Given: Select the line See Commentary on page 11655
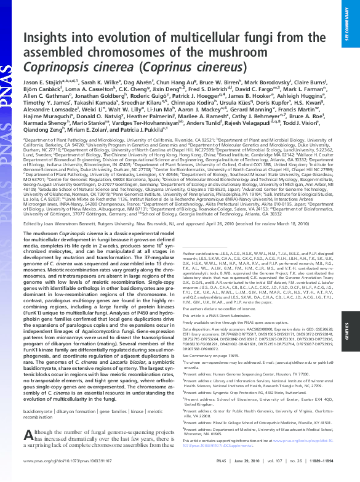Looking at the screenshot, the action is tap(215, 356).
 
